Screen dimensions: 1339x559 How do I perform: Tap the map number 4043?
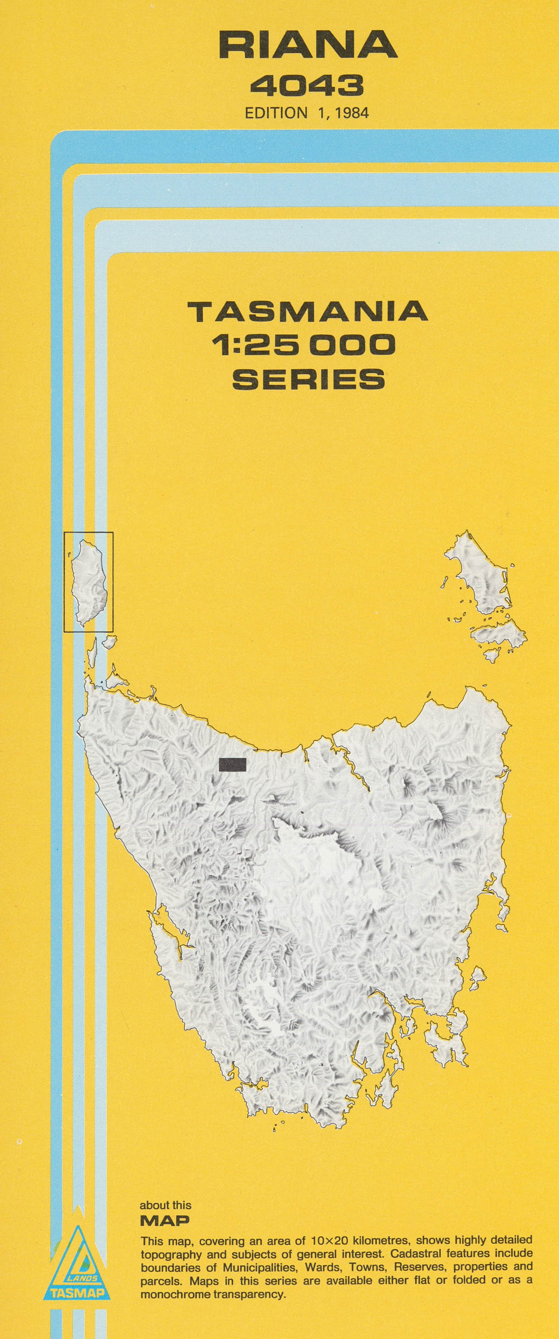point(307,86)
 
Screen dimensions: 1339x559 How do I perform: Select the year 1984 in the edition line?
point(352,113)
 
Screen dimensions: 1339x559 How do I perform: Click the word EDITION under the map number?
point(276,113)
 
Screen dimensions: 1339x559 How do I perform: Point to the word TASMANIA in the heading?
point(307,312)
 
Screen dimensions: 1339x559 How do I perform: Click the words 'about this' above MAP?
point(165,1205)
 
